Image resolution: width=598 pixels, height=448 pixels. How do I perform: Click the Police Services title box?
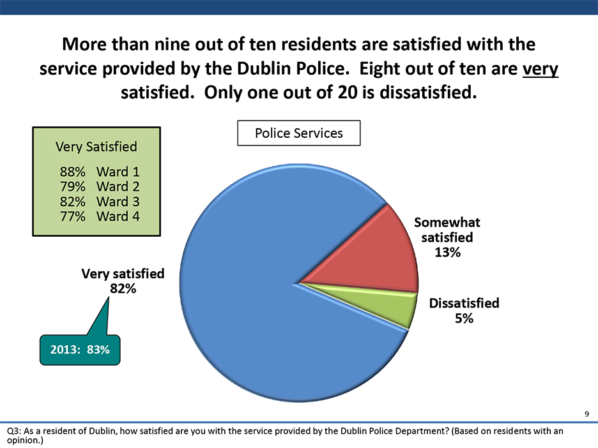[x=298, y=133]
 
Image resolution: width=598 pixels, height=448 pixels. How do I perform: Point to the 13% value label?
[x=447, y=252]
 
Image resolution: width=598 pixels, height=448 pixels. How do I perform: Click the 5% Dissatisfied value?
[x=464, y=318]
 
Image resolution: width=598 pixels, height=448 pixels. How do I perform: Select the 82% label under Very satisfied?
[x=123, y=288]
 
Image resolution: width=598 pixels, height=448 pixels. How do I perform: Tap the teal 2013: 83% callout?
[x=80, y=349]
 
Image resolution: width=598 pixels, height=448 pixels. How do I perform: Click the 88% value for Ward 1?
[x=72, y=172]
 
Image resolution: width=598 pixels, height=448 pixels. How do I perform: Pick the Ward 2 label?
[x=118, y=186]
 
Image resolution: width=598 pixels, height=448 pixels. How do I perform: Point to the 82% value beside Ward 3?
[x=72, y=202]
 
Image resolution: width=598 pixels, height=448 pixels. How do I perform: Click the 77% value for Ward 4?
[x=72, y=216]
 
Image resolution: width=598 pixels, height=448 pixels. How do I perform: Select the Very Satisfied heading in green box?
[x=96, y=147]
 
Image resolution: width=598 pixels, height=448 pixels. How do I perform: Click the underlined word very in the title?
[x=540, y=69]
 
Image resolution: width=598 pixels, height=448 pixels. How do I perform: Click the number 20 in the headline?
[x=348, y=93]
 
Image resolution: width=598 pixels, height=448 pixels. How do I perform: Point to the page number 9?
[x=586, y=414]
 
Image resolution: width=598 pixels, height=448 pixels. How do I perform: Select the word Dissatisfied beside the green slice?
[x=464, y=303]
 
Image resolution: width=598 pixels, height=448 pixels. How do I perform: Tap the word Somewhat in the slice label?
[x=447, y=222]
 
